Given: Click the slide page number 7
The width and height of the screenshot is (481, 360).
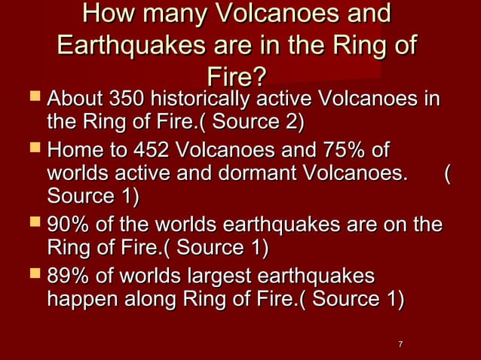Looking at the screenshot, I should [x=400, y=344].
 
